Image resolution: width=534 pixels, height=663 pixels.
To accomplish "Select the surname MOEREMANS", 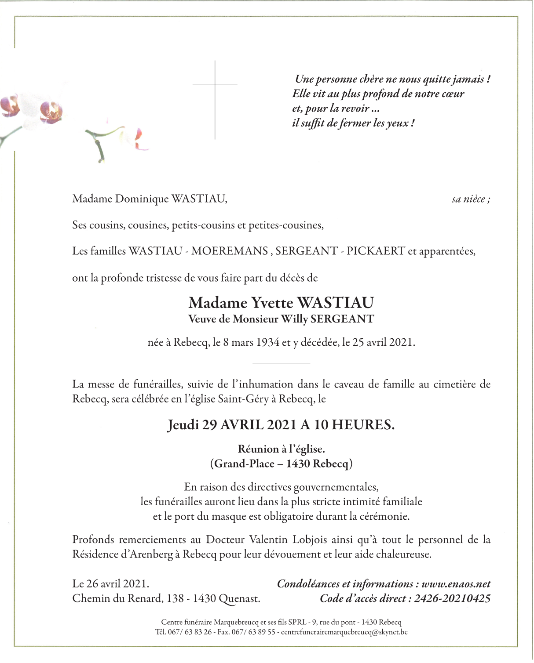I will (230, 251).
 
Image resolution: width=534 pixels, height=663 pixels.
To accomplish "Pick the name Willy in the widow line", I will (294, 319).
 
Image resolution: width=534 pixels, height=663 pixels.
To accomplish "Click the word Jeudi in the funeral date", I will (183, 425).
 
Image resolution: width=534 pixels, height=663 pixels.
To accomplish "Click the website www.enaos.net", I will (456, 584).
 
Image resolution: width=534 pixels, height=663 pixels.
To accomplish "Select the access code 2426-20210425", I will (452, 599).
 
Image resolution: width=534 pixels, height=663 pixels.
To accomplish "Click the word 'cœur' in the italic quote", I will (453, 94).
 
